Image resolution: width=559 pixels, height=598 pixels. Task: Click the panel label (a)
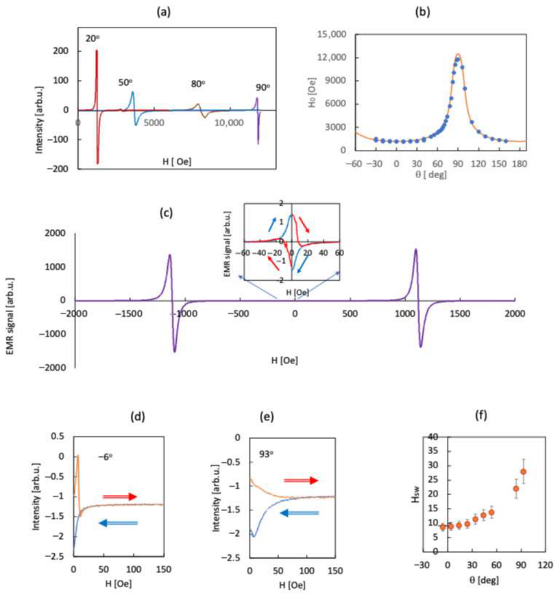164,12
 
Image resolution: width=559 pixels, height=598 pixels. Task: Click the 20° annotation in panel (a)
92,38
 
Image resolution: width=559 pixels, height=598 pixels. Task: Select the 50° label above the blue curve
125,83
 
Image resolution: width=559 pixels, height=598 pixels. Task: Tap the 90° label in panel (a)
263,87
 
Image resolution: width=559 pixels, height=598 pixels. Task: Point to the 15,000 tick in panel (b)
332,34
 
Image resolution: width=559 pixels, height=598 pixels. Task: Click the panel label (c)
166,213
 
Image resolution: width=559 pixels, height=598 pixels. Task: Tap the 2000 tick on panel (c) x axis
515,314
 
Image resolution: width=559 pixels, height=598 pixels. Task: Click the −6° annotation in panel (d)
106,456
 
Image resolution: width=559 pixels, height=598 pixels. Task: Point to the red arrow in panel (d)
119,496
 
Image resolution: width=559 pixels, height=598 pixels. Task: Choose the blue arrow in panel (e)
299,513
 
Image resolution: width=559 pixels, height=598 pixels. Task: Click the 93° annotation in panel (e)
267,455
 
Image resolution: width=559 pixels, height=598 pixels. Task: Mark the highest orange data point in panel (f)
523,472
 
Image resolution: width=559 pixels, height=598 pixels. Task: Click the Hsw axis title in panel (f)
416,494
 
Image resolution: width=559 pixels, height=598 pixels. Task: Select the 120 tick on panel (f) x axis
545,565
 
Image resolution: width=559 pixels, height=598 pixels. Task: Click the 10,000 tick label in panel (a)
229,123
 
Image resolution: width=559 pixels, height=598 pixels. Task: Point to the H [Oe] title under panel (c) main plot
284,360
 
